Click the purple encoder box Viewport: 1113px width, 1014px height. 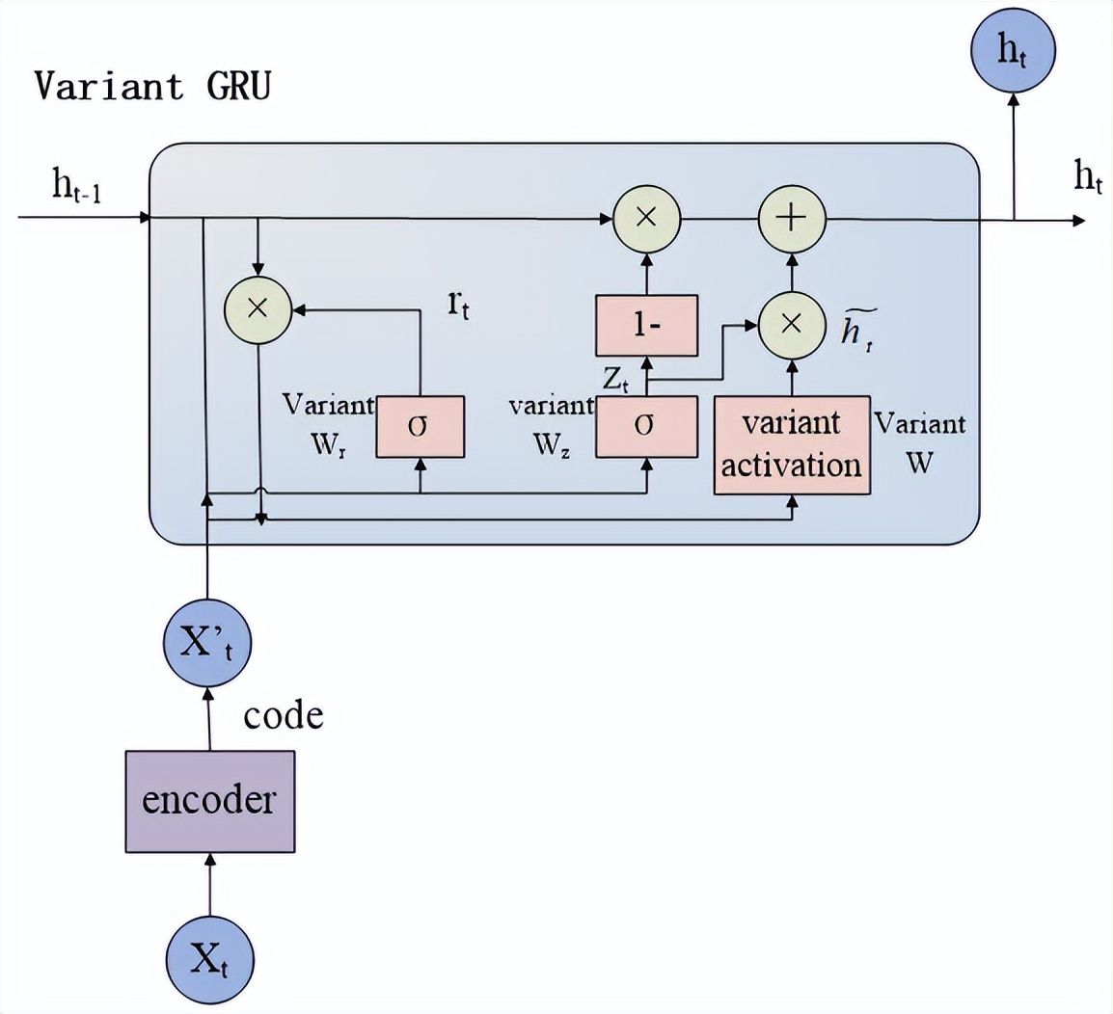point(209,801)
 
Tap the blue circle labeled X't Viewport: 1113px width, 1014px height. point(207,642)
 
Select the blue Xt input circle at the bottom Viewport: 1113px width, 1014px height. point(209,960)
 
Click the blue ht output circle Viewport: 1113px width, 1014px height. point(1013,50)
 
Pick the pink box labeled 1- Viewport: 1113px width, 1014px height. point(646,325)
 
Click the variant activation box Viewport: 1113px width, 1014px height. point(792,444)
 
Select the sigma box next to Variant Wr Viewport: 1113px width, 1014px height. point(420,426)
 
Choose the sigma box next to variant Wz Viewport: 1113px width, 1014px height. point(646,426)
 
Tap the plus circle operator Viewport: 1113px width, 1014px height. point(792,218)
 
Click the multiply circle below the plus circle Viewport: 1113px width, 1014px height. point(792,324)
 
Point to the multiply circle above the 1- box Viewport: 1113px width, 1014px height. point(646,218)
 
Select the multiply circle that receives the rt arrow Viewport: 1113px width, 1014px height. point(258,308)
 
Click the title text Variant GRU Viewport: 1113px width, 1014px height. point(152,86)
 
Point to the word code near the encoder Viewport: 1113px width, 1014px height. point(283,716)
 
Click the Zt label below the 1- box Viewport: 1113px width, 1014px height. point(616,379)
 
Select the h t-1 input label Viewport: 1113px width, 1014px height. point(77,185)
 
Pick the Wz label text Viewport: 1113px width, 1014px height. point(551,444)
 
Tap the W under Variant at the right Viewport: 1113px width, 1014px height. point(919,463)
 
